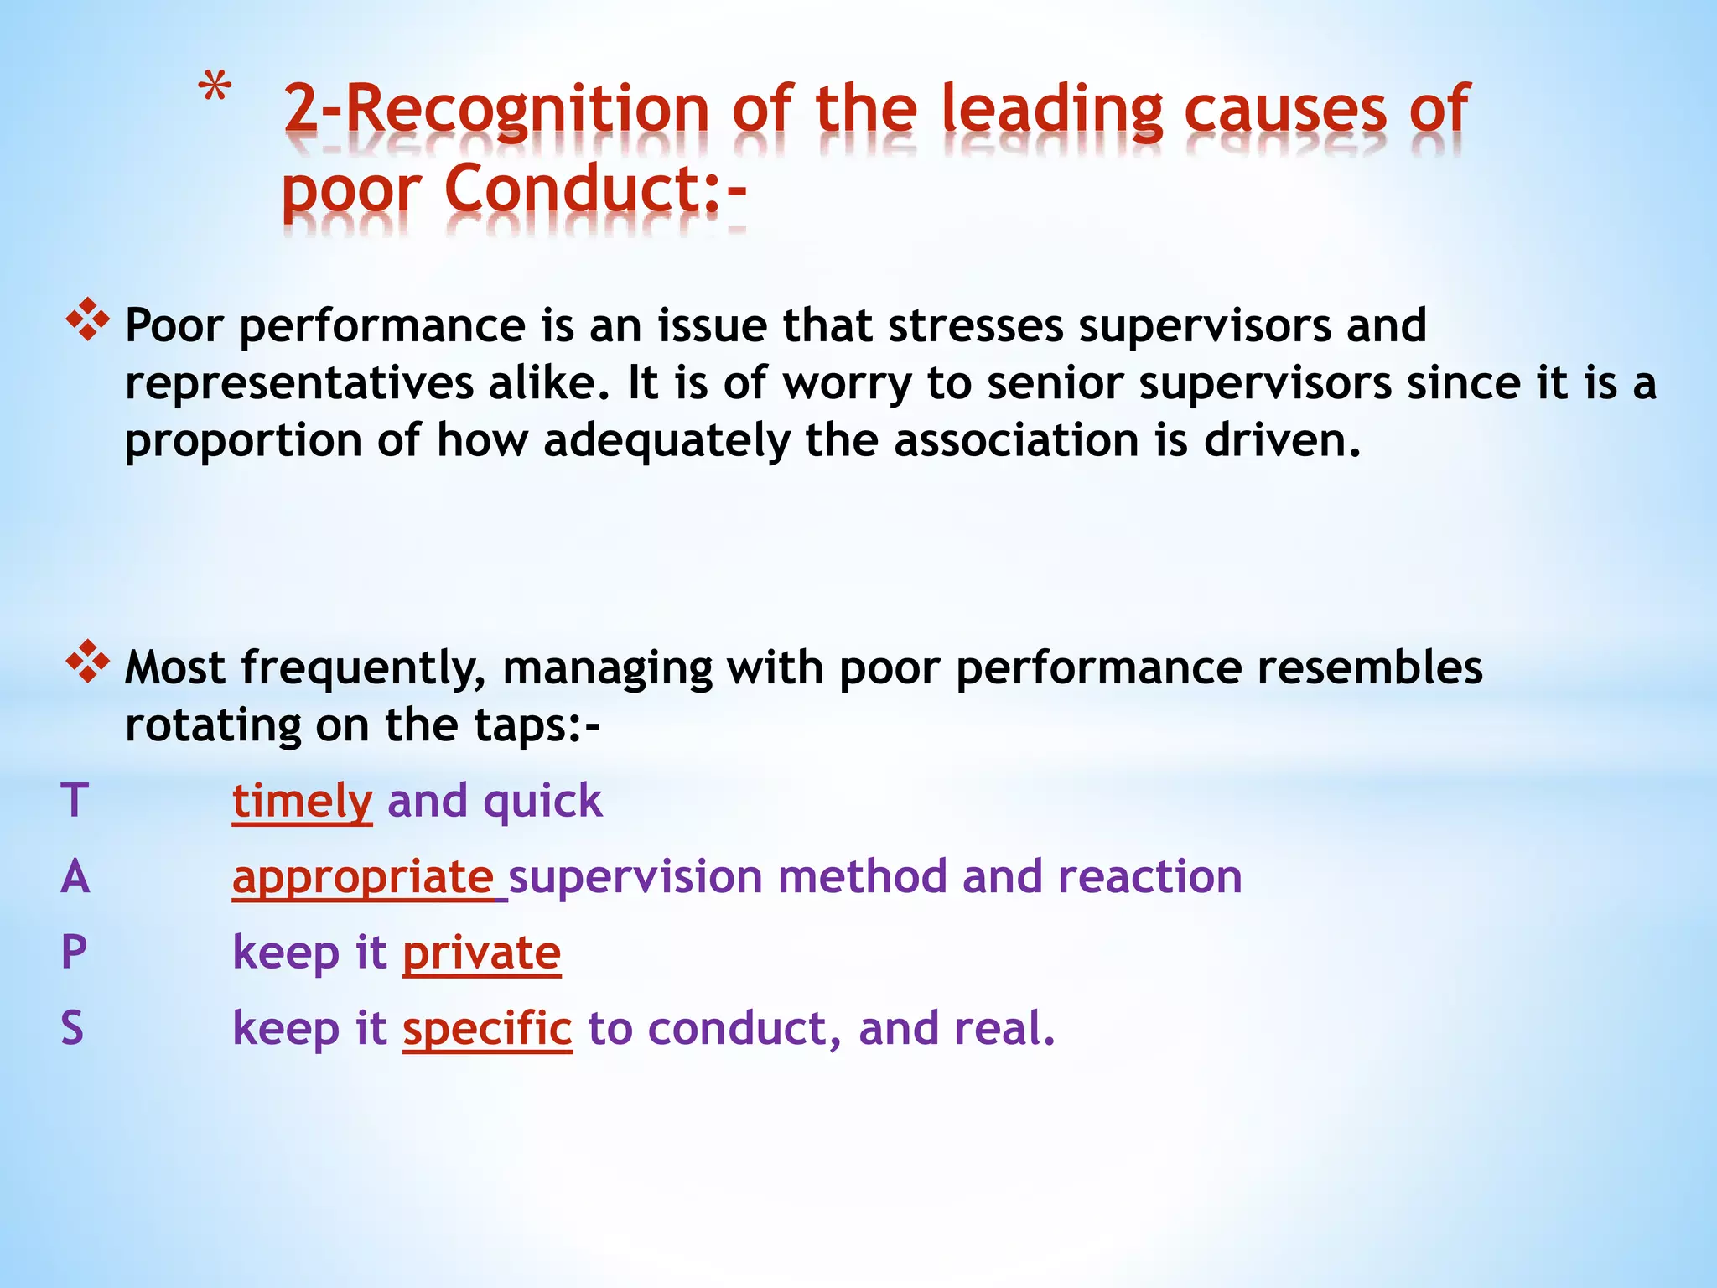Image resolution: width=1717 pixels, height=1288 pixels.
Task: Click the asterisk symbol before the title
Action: pyautogui.click(x=215, y=89)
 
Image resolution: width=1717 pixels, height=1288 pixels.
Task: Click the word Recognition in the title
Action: pyautogui.click(x=527, y=109)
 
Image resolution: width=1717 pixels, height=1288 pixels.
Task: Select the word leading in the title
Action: pyautogui.click(x=1052, y=109)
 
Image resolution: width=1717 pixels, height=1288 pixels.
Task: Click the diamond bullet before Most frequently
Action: pyautogui.click(x=88, y=662)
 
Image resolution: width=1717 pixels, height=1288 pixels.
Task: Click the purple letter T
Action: pyautogui.click(x=75, y=800)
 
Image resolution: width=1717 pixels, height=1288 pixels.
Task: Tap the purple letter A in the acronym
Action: pyautogui.click(x=75, y=876)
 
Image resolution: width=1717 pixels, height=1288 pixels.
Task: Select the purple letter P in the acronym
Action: pyautogui.click(x=74, y=953)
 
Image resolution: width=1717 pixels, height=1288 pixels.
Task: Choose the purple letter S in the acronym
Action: pyautogui.click(x=73, y=1028)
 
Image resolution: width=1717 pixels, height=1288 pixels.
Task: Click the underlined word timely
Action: pyautogui.click(x=302, y=801)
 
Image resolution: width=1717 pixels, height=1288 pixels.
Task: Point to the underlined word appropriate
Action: pyautogui.click(x=363, y=877)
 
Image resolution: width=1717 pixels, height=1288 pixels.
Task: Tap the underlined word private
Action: pyautogui.click(x=481, y=953)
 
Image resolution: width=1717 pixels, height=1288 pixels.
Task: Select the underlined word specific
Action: pyautogui.click(x=487, y=1029)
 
